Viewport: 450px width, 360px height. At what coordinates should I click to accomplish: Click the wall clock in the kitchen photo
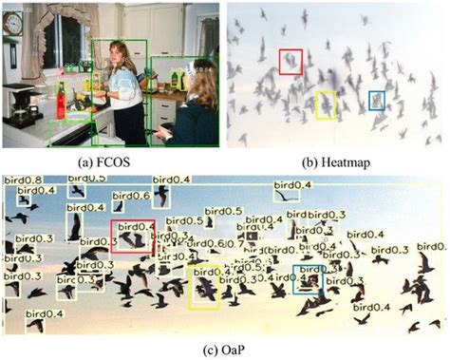(x=12, y=26)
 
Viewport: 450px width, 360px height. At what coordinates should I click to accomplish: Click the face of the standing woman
(x=122, y=53)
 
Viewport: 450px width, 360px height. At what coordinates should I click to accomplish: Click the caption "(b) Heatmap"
(x=336, y=161)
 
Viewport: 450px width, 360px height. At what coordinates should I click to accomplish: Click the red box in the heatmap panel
(x=291, y=61)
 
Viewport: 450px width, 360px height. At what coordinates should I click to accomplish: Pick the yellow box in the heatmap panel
(x=326, y=104)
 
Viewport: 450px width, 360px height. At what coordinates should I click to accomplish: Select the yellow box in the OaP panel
(x=204, y=287)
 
